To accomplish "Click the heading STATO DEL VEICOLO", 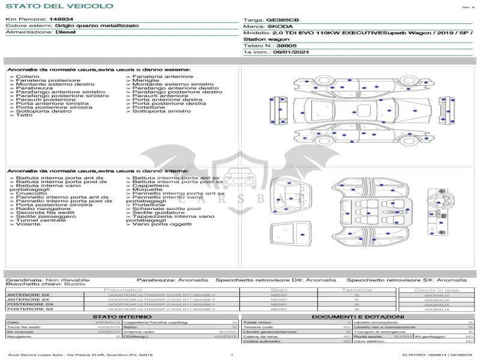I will coord(59,6).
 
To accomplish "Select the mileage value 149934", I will coord(61,19).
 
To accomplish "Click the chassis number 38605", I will coord(286,46).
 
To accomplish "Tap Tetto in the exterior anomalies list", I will coord(25,115).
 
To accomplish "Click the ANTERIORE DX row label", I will coord(28,295).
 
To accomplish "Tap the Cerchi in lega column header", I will coord(437,290).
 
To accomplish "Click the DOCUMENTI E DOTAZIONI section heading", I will coord(358,316).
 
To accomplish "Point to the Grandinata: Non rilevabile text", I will coord(48,280).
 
